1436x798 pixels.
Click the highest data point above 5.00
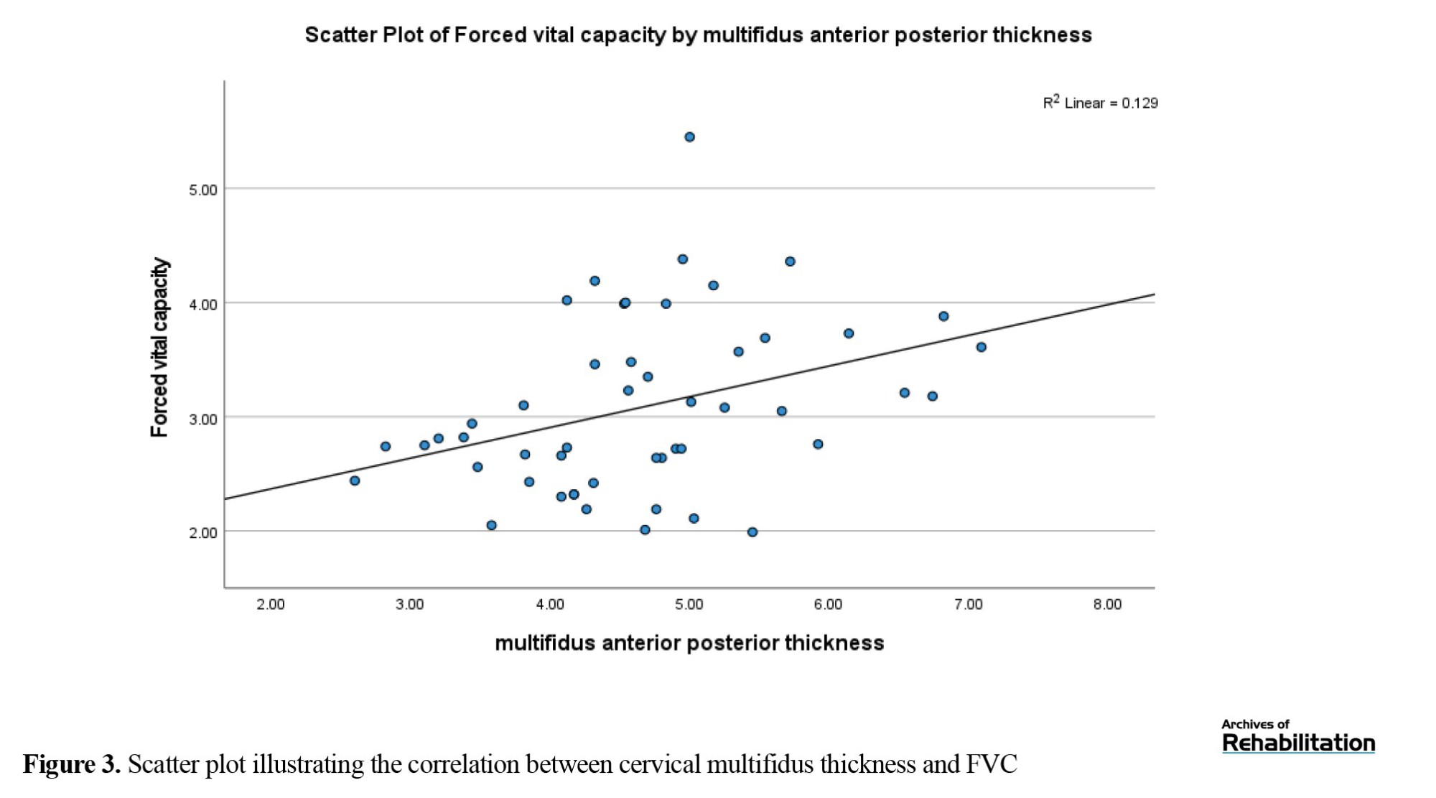point(689,137)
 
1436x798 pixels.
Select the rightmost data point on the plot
point(982,347)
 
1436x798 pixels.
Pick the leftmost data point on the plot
point(355,481)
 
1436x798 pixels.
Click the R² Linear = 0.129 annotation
point(1100,103)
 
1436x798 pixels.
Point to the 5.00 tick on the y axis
point(202,190)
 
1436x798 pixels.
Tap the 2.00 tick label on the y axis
point(202,532)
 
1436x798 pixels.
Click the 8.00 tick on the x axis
point(1107,604)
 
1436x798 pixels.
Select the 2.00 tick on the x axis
point(271,604)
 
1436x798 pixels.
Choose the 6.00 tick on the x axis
point(828,604)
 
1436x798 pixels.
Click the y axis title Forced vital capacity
point(159,348)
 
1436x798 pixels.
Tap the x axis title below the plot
point(689,642)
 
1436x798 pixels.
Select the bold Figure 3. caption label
point(72,764)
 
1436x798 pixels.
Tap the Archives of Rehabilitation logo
point(1298,736)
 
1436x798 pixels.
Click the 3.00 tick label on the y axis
point(202,419)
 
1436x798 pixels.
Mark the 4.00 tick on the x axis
point(550,604)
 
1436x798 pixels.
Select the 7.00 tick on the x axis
point(968,604)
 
